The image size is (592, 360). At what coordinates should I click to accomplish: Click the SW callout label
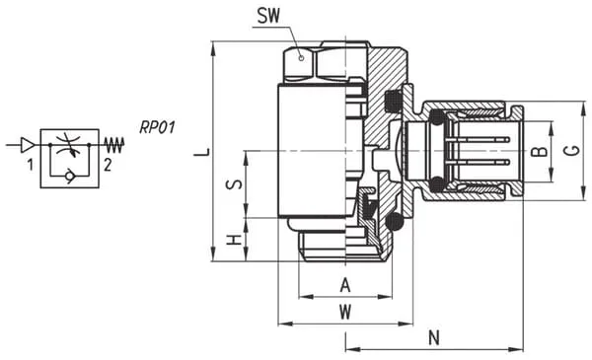click(268, 16)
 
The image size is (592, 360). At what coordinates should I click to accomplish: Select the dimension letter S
click(234, 184)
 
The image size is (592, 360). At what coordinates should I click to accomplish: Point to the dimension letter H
click(234, 240)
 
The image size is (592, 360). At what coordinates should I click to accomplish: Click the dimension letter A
click(345, 285)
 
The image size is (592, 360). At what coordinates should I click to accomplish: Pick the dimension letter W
click(345, 312)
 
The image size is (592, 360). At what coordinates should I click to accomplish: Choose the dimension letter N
click(434, 337)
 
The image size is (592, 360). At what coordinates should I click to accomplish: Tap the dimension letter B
click(540, 151)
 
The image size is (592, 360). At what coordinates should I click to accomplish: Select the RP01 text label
click(158, 127)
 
